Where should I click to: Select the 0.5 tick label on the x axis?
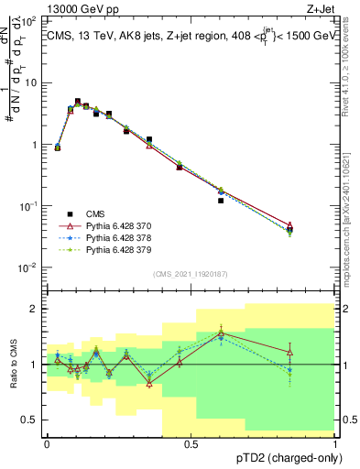pos(191,444)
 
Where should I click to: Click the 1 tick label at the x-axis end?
pos(335,444)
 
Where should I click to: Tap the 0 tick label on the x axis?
pos(48,444)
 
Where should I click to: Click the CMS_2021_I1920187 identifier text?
pos(191,273)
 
